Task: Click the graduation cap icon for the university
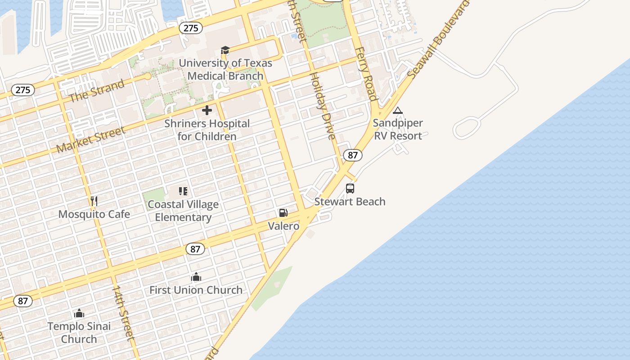coord(225,50)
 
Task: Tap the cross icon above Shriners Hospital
coord(207,110)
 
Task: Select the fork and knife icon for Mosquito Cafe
coord(94,201)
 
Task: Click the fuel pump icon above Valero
coord(283,212)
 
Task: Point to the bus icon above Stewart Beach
coord(350,189)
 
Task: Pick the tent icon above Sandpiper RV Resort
coord(397,111)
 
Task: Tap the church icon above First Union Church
coord(196,277)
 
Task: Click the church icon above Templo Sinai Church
coord(79,313)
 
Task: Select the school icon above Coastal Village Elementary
coord(183,191)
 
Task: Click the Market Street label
coord(91,139)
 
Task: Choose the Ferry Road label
coord(366,74)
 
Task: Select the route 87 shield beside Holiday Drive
coord(352,155)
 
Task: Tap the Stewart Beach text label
coord(350,202)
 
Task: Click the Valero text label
coord(283,226)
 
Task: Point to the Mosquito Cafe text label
coord(94,214)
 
